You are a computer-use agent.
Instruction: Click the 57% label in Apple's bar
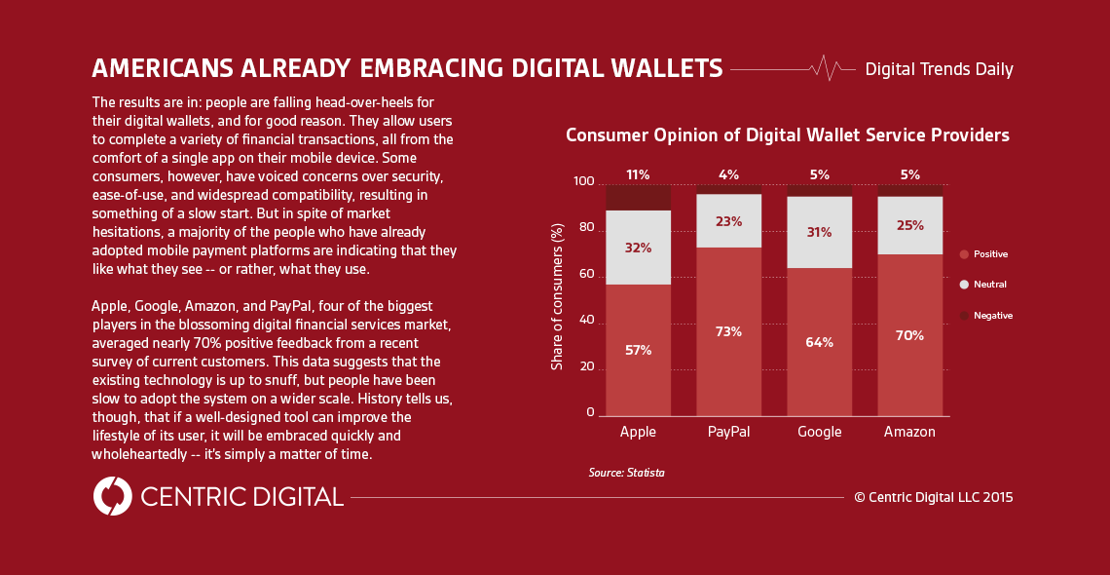(638, 350)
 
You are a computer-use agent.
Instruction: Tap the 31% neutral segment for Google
(819, 232)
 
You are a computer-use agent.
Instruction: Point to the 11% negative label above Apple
(638, 175)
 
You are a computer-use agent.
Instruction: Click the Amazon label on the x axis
(909, 432)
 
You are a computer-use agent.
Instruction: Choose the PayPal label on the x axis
(728, 432)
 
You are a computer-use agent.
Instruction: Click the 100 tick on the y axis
(583, 182)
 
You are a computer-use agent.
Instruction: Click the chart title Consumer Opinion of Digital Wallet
(787, 135)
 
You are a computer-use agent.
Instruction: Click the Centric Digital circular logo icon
(113, 496)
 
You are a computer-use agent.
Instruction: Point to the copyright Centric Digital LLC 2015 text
(933, 497)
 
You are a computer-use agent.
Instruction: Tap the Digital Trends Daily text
(939, 69)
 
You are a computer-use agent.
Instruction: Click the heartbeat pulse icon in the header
(826, 68)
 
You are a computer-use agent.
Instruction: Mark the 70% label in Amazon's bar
(909, 335)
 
